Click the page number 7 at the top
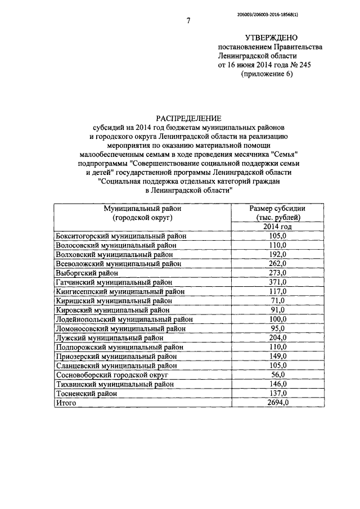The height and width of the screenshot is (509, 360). (x=188, y=21)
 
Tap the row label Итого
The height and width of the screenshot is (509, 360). (x=65, y=403)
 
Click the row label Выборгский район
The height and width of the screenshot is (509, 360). (x=88, y=273)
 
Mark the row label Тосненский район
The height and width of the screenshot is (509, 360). (x=87, y=393)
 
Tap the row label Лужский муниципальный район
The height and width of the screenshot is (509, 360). (x=109, y=337)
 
